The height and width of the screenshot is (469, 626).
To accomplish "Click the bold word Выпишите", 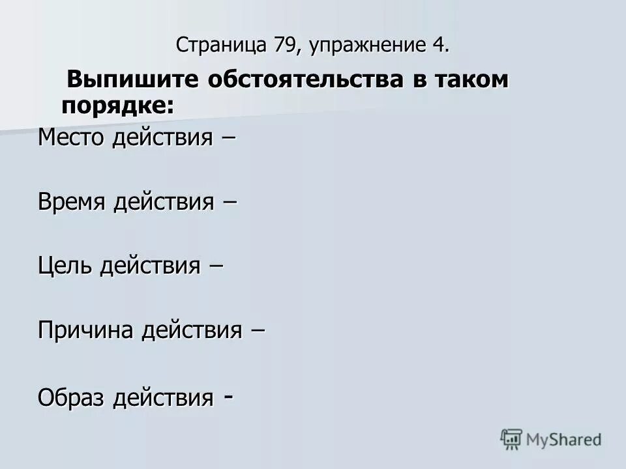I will (132, 80).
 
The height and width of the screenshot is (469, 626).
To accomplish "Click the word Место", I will (72, 137).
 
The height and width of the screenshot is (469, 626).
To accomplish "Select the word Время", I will (72, 202).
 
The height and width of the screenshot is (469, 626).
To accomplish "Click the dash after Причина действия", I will (258, 331).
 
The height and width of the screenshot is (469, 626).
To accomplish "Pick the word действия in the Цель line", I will (149, 266).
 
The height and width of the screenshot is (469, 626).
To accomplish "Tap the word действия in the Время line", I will (163, 203).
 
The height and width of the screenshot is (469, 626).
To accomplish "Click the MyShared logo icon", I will (512, 440).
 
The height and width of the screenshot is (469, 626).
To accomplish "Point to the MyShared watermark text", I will (564, 440).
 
